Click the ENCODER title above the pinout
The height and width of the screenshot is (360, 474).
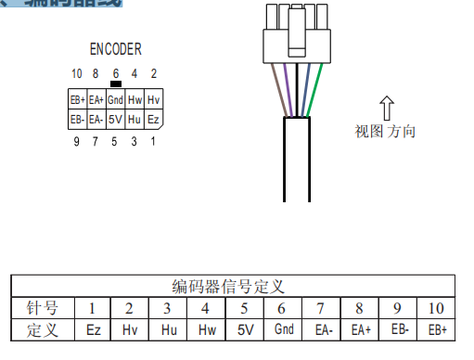[116, 49]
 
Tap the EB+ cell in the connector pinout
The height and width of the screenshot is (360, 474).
[77, 99]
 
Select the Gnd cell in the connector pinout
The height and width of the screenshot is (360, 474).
[115, 99]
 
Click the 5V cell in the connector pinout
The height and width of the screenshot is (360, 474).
[115, 120]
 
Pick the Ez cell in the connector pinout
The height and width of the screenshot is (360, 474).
[154, 120]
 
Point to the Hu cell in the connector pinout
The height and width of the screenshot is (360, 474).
[135, 120]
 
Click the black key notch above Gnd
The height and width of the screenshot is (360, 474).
[115, 84]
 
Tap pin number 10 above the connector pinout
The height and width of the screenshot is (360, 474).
[77, 73]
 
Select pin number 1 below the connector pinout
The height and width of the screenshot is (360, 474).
[154, 141]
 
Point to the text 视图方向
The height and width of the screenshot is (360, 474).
[386, 131]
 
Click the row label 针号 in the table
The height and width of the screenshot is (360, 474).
[42, 308]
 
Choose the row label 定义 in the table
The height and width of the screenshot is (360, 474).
[42, 329]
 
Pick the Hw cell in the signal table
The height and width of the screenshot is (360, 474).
[206, 329]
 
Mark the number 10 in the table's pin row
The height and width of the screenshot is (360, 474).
[437, 308]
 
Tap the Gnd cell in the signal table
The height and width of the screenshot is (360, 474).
[284, 329]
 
